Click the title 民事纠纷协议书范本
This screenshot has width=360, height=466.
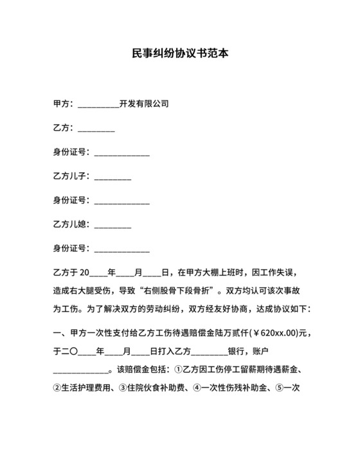point(180,54)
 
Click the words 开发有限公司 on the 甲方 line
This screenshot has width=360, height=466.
point(144,103)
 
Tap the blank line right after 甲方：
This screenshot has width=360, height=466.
point(98,105)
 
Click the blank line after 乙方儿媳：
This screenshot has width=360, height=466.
point(113,227)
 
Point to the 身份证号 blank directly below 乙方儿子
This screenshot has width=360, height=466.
point(122,202)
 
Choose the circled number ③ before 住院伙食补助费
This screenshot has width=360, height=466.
point(123,388)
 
